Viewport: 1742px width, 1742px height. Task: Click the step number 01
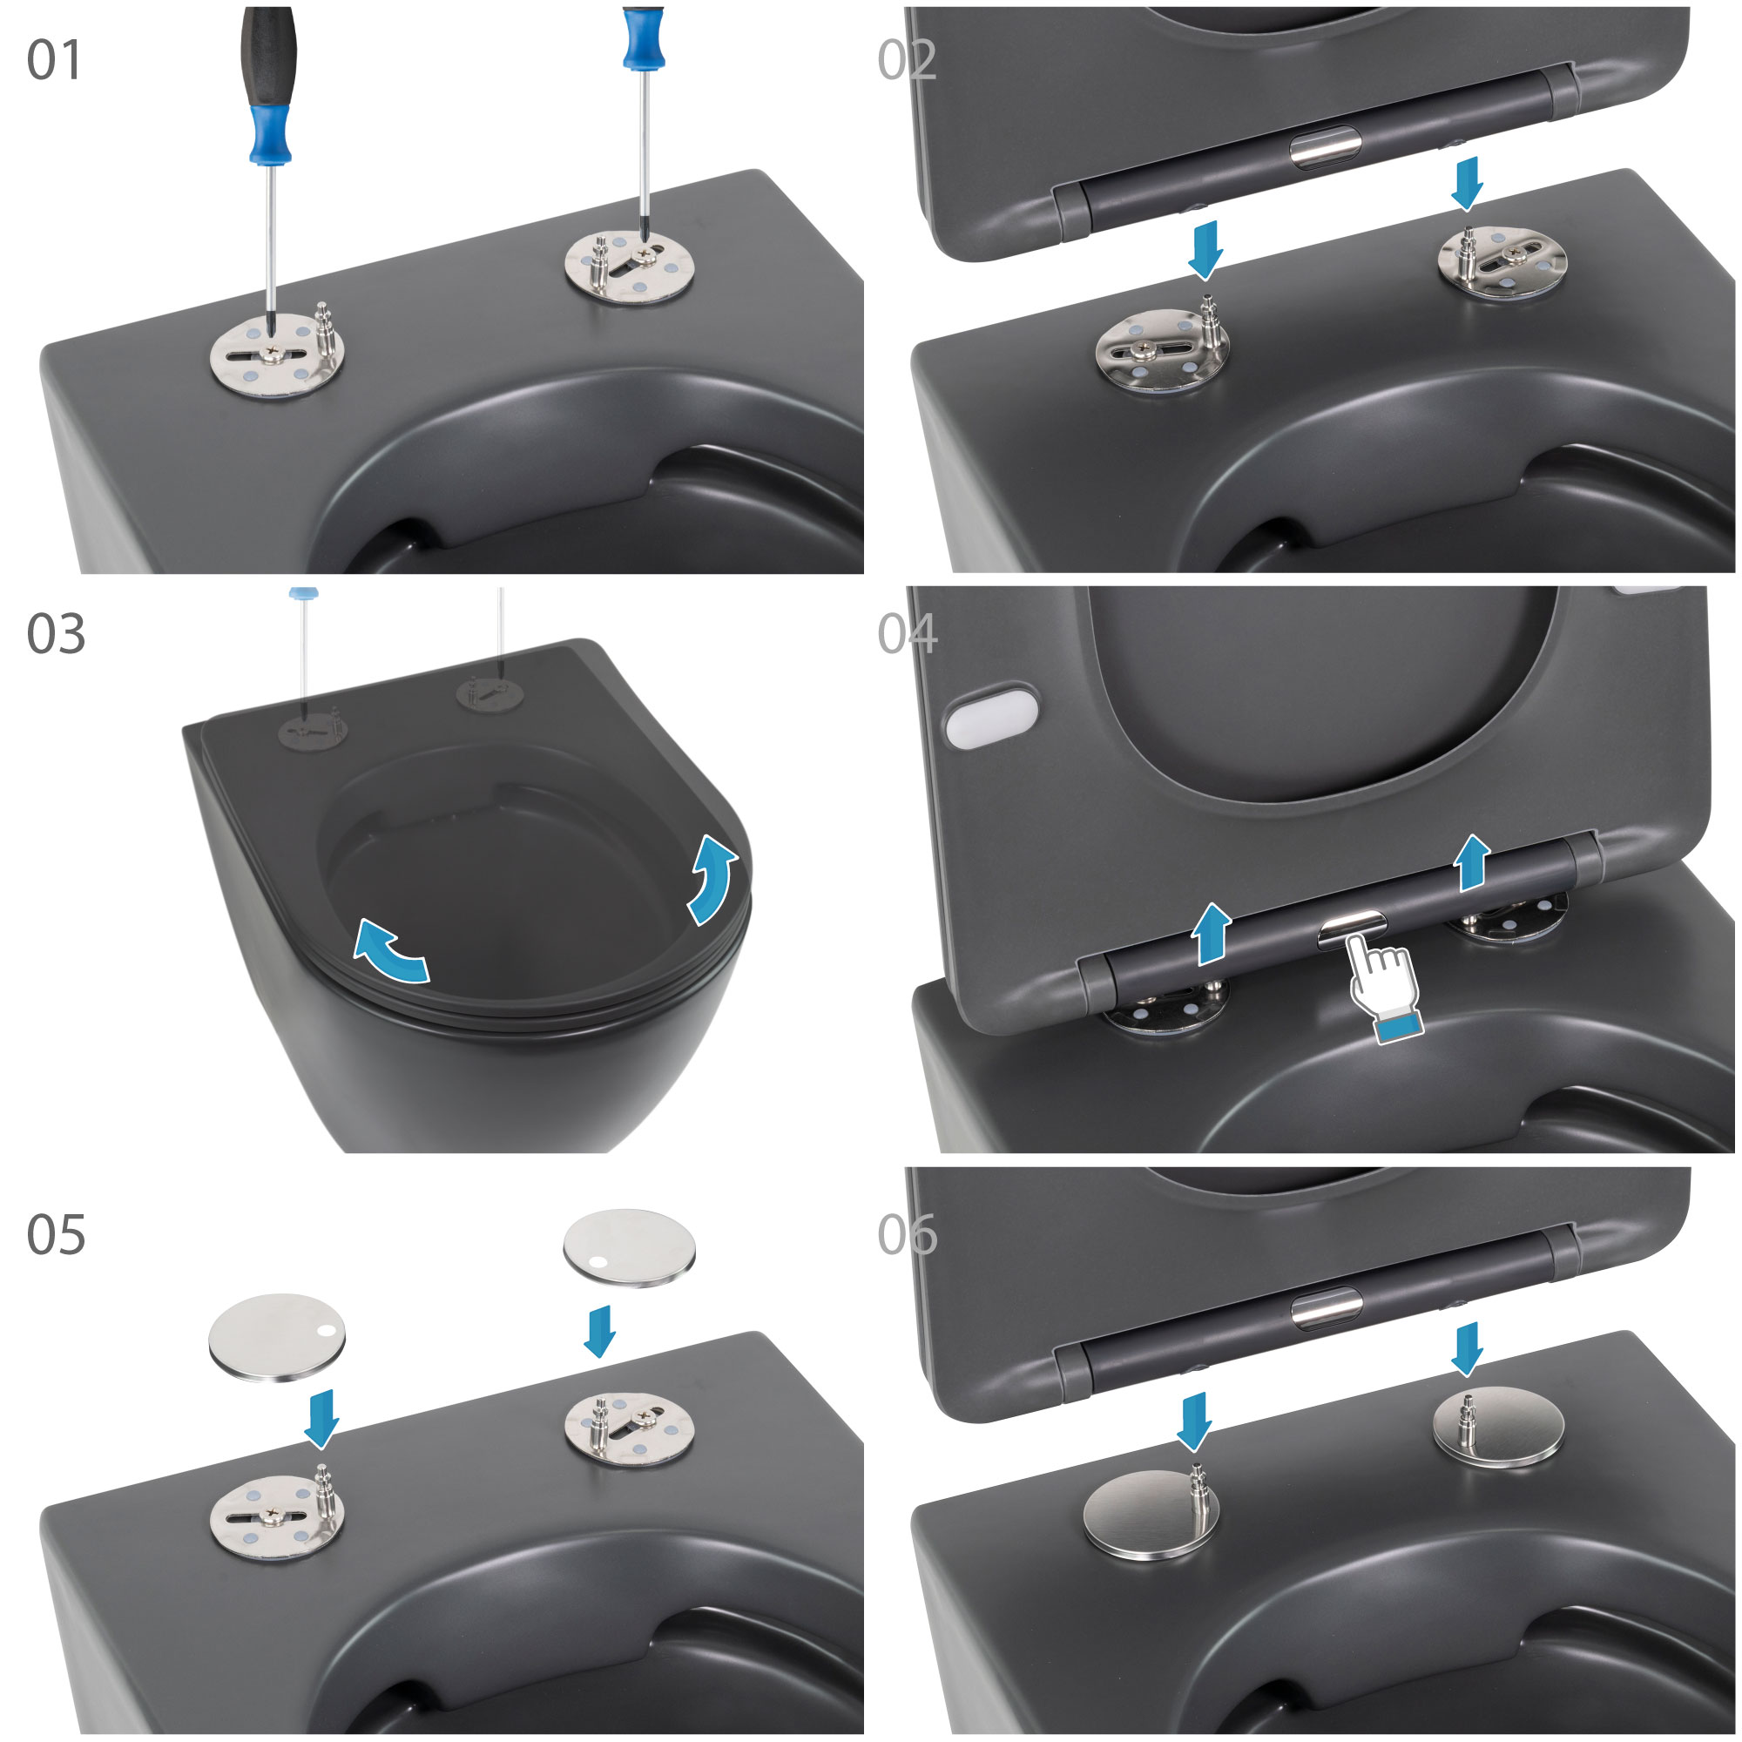point(54,60)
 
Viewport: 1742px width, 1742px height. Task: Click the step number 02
point(906,60)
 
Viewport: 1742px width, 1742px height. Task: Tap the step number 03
point(56,634)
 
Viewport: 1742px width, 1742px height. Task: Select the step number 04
point(907,634)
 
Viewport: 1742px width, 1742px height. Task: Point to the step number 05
point(56,1234)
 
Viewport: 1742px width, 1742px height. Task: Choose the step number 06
point(907,1234)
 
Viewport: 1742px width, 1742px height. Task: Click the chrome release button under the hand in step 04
point(1352,928)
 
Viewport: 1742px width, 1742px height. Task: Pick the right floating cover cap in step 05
point(630,1248)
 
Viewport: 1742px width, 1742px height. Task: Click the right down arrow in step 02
point(1468,184)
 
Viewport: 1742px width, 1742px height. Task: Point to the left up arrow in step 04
point(1211,934)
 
